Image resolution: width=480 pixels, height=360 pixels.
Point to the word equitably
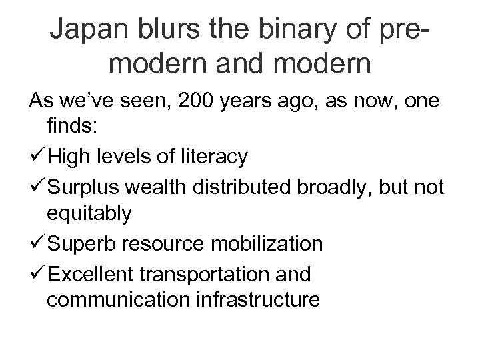point(89,215)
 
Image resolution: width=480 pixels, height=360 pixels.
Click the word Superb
point(81,243)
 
